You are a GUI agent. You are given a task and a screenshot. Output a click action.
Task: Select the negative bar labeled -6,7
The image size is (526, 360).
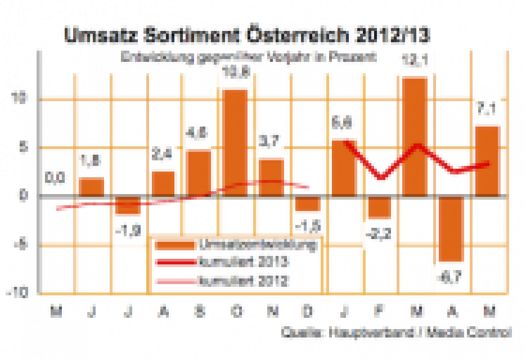451,228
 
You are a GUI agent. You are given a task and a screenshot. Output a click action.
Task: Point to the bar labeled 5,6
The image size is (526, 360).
343,168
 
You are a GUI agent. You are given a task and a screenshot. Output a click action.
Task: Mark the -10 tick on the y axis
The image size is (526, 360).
21,293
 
